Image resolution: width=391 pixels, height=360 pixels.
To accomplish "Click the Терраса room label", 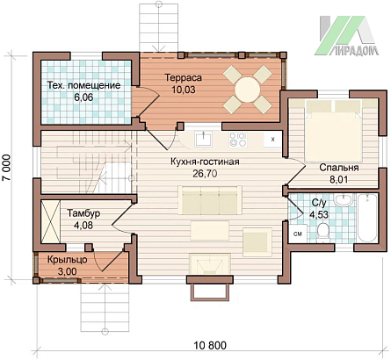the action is coord(184,77).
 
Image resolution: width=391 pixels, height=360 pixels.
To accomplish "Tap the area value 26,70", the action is coord(205,174).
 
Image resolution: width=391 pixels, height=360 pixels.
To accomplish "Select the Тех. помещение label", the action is coord(83,85).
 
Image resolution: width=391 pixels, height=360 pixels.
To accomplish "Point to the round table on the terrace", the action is coord(248,90).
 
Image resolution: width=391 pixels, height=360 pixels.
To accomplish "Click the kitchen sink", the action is coord(204,139).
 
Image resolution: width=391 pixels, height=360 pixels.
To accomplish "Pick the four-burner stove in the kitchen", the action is coord(238,139).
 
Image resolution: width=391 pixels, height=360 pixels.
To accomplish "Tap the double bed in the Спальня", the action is coord(334,131).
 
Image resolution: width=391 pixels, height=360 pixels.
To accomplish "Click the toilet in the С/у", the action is coord(323,233).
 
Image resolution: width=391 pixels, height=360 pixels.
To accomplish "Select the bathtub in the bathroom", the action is coord(367,218).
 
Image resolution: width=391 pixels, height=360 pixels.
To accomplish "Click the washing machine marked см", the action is coord(298,234).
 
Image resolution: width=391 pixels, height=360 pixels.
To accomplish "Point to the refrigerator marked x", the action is coord(272,140).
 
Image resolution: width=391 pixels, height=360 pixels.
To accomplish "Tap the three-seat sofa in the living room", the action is coord(210,200).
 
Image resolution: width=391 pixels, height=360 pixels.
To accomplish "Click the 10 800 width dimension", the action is coord(210,345).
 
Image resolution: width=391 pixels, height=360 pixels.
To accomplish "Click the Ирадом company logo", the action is coord(346,35).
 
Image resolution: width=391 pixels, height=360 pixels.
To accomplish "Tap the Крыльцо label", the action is coord(67,260).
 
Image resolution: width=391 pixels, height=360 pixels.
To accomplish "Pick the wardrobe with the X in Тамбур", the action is coord(50,221).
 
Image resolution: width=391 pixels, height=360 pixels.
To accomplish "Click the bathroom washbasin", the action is coord(344,200).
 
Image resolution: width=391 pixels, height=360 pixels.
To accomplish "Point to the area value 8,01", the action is coord(339,179).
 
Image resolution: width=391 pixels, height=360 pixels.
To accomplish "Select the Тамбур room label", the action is coord(84,212).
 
